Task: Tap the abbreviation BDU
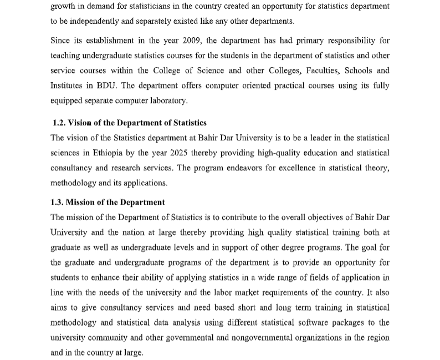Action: (x=105, y=85)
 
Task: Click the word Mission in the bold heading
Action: (x=83, y=202)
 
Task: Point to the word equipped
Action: (x=66, y=100)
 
